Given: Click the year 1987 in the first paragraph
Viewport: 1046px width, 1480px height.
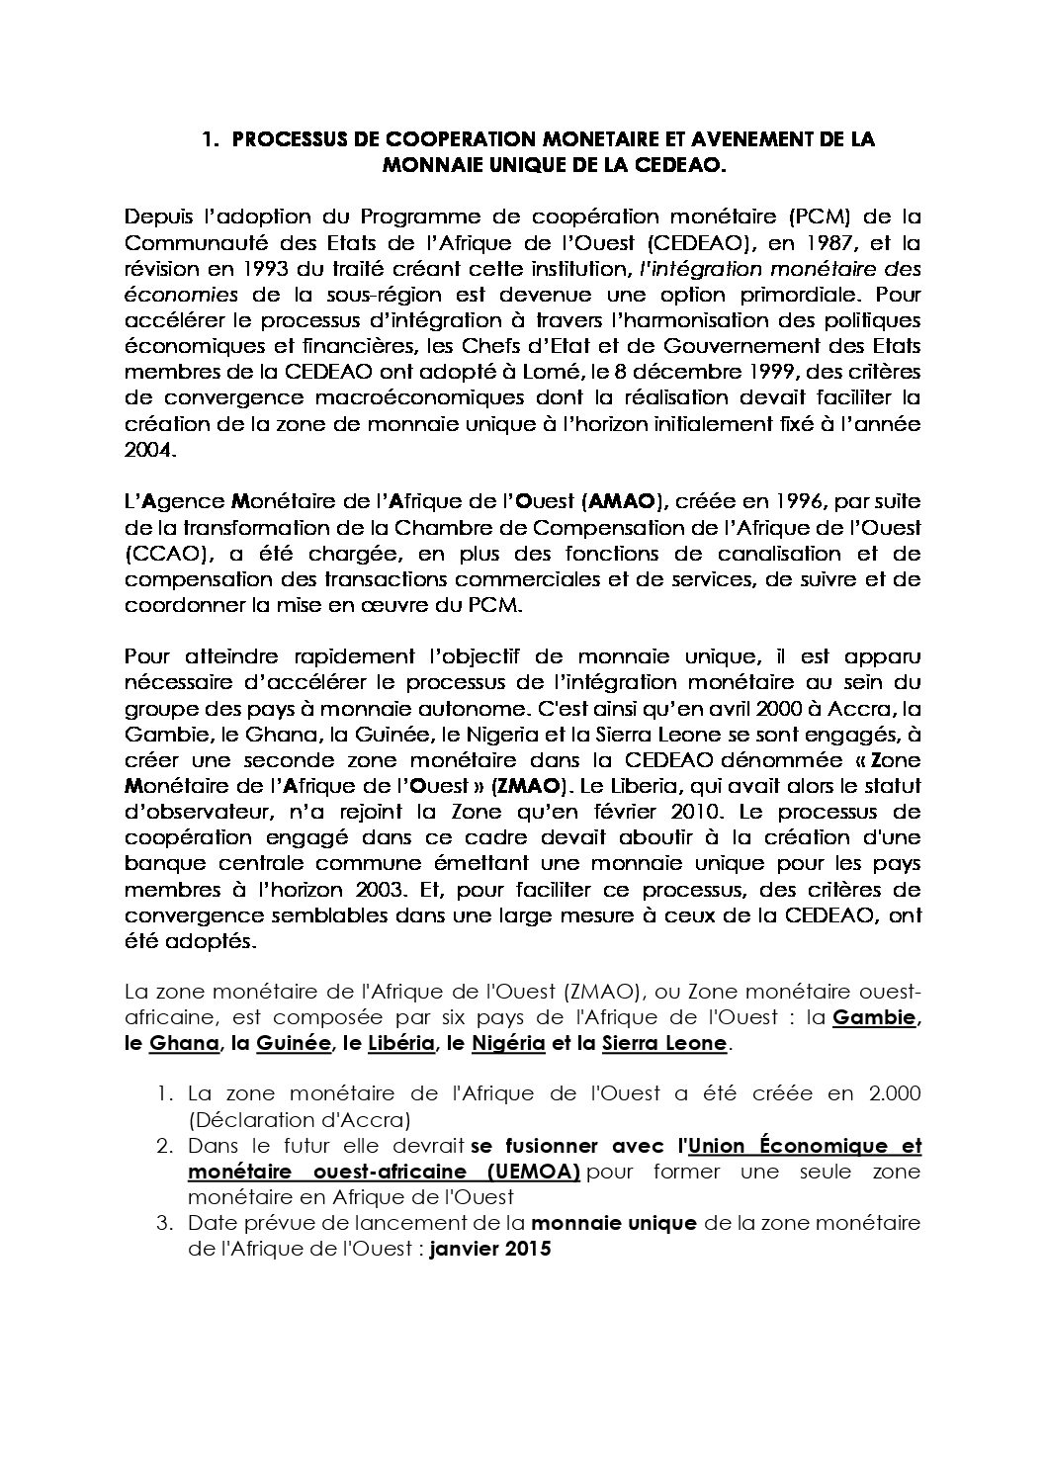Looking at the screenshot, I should click(798, 242).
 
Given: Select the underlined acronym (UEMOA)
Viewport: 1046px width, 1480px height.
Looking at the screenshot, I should click(533, 1172).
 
